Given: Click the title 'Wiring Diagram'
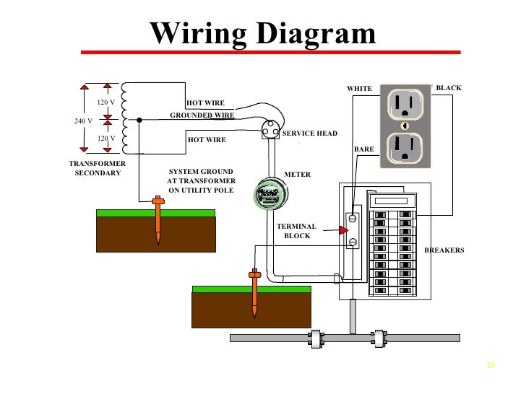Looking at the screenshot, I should pos(263,33).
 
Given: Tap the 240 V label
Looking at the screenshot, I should pos(83,121).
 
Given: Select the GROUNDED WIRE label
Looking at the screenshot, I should pos(202,115).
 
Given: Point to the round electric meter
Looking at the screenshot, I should pos(268,193).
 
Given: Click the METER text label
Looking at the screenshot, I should pos(297,175).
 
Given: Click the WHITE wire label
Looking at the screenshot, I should pos(359,89).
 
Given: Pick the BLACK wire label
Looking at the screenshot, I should pos(448,88).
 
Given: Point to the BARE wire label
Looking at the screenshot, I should pos(363,149).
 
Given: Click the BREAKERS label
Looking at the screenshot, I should pos(444,250).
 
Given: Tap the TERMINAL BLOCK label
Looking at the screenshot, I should pos(296,231).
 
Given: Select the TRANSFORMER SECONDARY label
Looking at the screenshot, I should pos(98,169).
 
